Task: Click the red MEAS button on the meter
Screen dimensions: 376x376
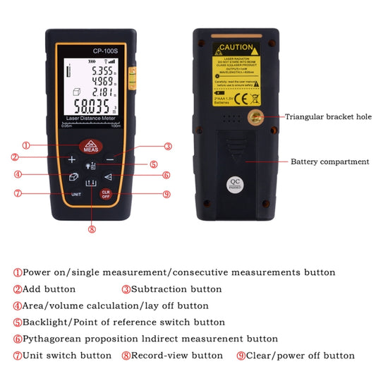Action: tap(90, 147)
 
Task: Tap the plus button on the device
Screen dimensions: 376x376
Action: tap(72, 160)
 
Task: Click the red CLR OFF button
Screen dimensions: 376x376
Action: tap(106, 194)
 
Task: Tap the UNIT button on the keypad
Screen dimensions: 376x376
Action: tap(75, 194)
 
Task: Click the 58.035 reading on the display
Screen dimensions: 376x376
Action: tap(88, 107)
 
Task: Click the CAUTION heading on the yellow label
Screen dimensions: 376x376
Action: tap(236, 47)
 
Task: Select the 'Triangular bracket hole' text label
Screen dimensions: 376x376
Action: tap(327, 117)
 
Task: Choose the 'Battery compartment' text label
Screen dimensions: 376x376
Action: tap(329, 162)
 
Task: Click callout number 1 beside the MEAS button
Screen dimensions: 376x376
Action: tap(25, 146)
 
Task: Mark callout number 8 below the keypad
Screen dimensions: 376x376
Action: tap(91, 228)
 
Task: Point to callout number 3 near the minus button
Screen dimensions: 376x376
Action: tap(168, 147)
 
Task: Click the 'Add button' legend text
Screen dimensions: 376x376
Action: tap(49, 289)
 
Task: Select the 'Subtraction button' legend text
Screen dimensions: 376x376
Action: tap(176, 289)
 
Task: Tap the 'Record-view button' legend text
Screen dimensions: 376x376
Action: tap(177, 356)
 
